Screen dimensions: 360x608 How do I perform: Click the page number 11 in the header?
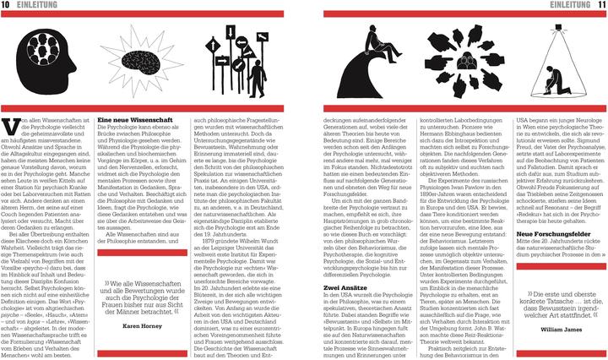point(600,6)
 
